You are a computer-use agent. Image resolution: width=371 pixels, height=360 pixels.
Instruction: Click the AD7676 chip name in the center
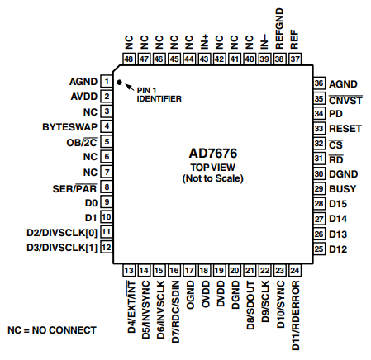pos(210,154)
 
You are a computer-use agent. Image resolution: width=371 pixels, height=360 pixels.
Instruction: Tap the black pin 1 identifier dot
pos(119,83)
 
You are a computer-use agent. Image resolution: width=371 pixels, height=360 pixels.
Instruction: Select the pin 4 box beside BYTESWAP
pos(107,126)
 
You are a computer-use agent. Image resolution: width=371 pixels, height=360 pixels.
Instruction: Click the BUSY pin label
pos(342,189)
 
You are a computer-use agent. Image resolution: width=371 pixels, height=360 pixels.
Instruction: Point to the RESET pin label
pos(345,129)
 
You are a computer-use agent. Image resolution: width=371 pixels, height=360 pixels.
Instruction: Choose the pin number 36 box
pos(318,83)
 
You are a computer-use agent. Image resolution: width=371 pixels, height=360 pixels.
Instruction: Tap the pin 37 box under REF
pos(295,59)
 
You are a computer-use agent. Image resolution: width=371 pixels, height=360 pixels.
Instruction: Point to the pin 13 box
pos(129,271)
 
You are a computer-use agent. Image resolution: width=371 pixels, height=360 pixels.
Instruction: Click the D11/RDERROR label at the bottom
pos(295,310)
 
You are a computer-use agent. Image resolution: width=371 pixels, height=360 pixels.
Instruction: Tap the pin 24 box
pos(295,271)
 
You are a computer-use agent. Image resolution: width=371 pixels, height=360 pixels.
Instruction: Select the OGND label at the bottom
pos(189,292)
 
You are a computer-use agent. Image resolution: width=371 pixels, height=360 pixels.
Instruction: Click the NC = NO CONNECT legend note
pos(52,330)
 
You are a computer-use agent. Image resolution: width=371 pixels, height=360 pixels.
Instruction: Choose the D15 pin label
pos(338,204)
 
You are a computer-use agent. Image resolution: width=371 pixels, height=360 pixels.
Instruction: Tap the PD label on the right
pos(335,113)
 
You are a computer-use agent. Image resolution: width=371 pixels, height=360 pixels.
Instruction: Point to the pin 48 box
pos(129,59)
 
